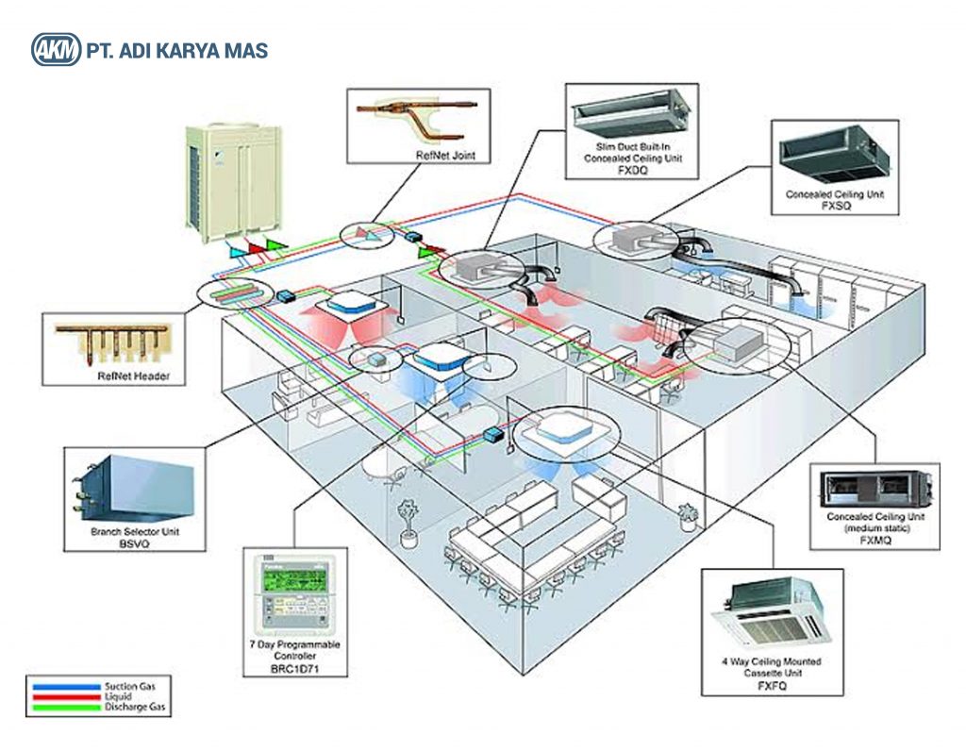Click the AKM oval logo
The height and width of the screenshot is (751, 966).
pos(56,50)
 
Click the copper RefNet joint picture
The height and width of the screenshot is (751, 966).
pos(418,116)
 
